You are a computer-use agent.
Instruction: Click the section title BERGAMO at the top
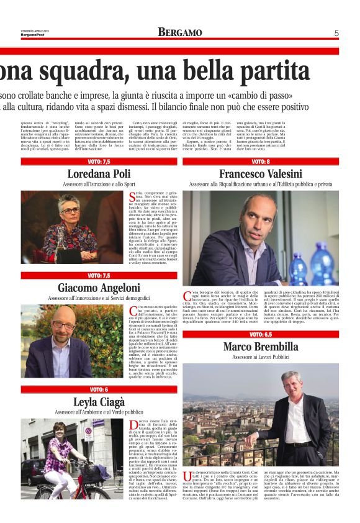click(179, 32)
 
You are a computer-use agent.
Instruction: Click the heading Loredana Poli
click(99, 173)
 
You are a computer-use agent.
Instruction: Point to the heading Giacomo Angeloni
click(99, 288)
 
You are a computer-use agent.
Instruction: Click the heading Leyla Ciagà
click(99, 401)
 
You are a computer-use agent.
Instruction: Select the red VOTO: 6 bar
click(99, 389)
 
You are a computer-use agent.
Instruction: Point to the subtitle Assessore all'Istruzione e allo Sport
click(99, 184)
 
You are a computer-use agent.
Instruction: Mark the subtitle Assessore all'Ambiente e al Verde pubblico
click(99, 412)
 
